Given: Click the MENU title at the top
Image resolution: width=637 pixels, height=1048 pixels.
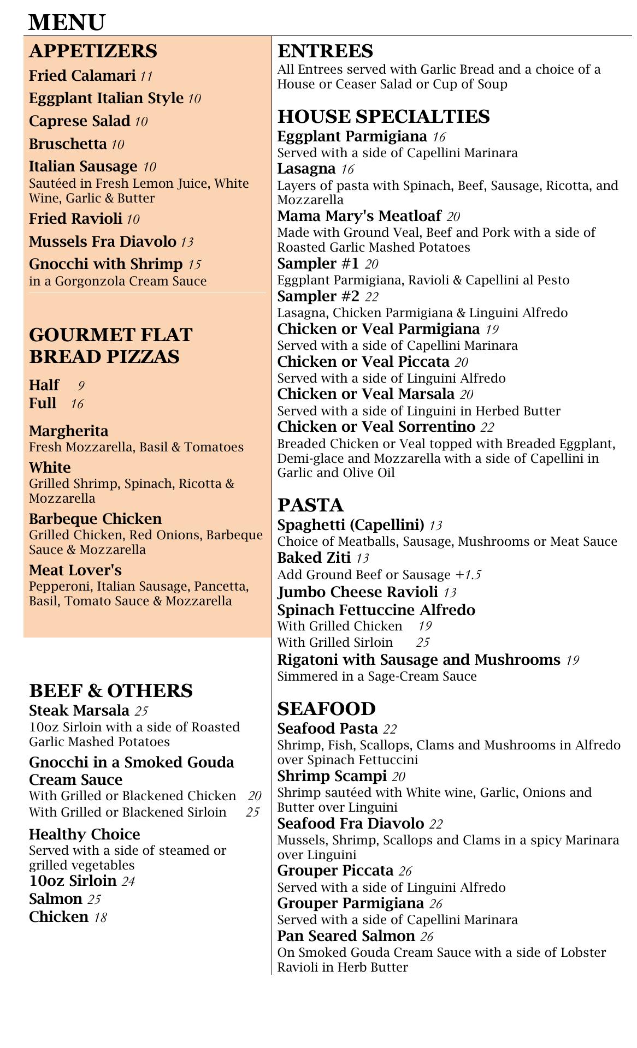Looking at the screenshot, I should (67, 23).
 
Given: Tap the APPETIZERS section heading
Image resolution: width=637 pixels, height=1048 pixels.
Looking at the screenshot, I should (93, 51).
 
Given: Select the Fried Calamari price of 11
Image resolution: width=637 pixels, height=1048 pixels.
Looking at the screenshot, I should (146, 76).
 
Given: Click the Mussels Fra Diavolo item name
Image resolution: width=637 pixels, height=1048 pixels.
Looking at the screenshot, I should (103, 241).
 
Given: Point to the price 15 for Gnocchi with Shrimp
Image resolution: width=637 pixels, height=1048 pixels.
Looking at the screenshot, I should (194, 265).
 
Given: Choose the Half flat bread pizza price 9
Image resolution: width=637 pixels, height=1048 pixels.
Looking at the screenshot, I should (81, 386).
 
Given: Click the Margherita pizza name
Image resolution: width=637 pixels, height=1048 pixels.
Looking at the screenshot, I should (69, 431).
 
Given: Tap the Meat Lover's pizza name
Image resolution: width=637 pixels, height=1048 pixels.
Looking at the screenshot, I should (75, 570).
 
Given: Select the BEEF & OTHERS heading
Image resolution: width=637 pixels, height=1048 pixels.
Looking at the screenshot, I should (111, 690).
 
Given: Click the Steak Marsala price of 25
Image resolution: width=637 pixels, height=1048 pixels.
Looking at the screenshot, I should (141, 711).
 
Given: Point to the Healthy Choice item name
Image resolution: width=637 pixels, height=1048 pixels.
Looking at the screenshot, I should (85, 834).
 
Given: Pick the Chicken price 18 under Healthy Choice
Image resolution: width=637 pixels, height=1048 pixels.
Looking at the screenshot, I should (100, 918).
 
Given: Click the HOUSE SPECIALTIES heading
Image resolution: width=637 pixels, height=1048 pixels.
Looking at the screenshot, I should (384, 116).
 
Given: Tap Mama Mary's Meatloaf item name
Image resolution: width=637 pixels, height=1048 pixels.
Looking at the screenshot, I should (361, 216).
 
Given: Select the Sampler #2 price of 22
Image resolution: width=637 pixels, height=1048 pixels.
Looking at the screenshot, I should (371, 297).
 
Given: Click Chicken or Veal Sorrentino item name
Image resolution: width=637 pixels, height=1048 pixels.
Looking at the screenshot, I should (376, 426).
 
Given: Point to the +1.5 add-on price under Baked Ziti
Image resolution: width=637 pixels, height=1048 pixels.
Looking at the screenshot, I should (468, 575).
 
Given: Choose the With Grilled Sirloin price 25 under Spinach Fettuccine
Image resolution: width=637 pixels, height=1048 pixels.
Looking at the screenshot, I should (423, 642).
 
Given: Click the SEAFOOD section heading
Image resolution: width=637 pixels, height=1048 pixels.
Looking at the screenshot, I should (327, 708).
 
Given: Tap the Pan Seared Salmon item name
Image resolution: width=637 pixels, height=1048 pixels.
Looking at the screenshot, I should (346, 936).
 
